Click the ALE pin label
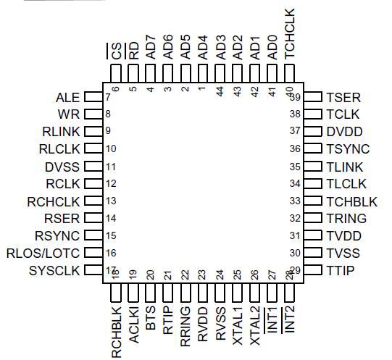click(67, 97)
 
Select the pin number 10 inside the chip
click(111, 149)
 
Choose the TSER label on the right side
click(343, 97)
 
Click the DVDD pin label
click(344, 132)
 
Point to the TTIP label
click(341, 271)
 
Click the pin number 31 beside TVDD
click(294, 236)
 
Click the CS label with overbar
click(116, 51)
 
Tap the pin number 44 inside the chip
click(220, 90)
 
